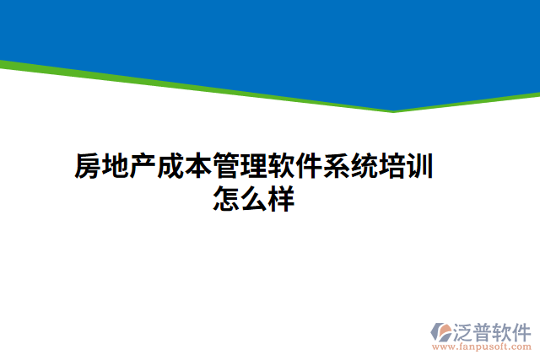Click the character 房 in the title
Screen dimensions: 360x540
pyautogui.click(x=88, y=167)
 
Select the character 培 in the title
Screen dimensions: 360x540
pyautogui.click(x=392, y=167)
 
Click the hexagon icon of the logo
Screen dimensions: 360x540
pyautogui.click(x=442, y=332)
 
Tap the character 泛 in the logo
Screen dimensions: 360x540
pyautogui.click(x=466, y=330)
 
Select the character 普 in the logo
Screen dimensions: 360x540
pyautogui.click(x=486, y=330)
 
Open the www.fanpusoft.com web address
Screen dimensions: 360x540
pyautogui.click(x=482, y=346)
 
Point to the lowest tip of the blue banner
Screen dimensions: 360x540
pyautogui.click(x=392, y=110)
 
